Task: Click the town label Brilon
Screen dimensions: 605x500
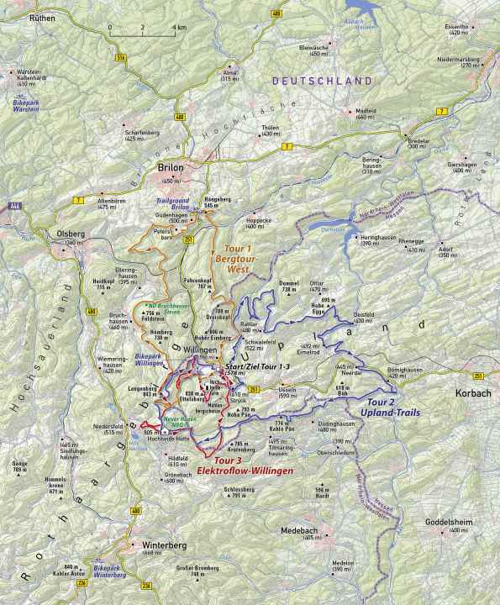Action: [171, 168]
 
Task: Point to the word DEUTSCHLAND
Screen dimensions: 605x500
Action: [322, 81]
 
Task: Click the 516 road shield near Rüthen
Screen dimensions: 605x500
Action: [121, 57]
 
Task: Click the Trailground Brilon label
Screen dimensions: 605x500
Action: [175, 205]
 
